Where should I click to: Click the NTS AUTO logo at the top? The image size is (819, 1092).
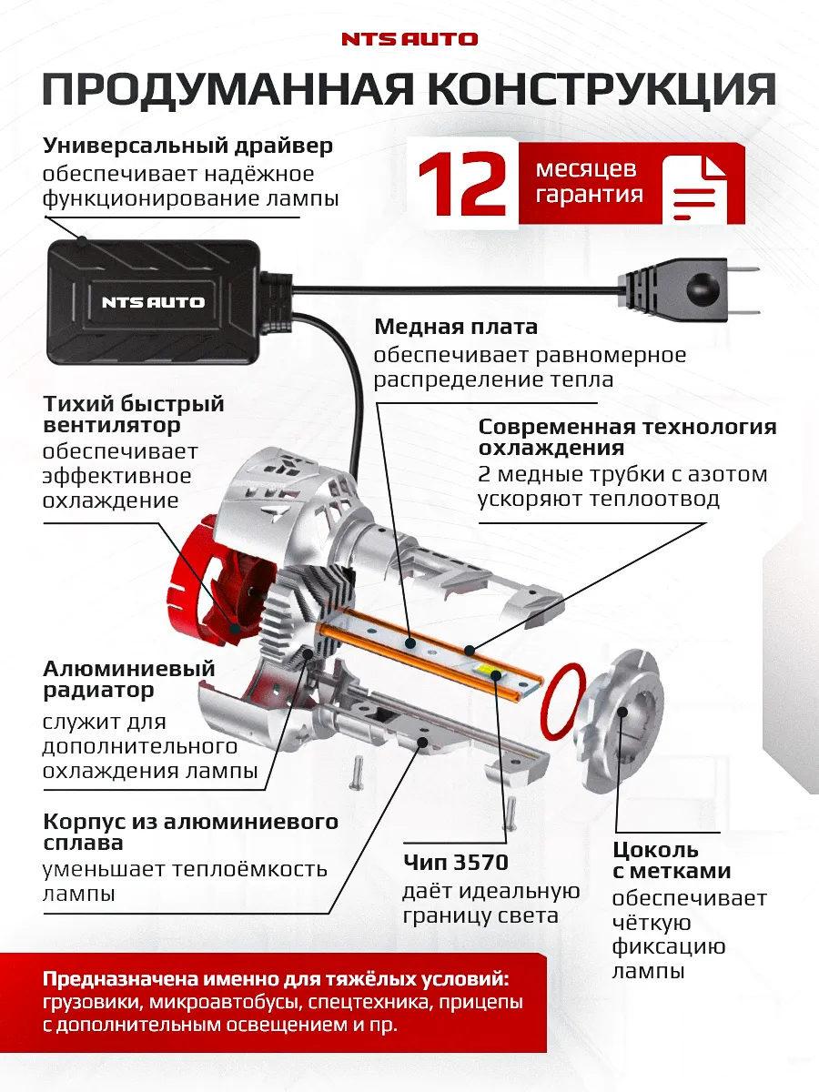pos(409,39)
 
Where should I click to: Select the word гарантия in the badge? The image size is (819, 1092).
pos(589,195)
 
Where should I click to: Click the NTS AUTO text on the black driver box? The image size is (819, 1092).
pos(153,302)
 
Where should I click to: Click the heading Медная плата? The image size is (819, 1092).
pos(456,327)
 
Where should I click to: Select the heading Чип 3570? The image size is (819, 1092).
pos(455,862)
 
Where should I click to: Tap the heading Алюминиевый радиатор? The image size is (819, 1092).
pos(129,679)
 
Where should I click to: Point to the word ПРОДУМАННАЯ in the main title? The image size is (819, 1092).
pos(218,91)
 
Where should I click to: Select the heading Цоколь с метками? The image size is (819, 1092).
pos(671,860)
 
